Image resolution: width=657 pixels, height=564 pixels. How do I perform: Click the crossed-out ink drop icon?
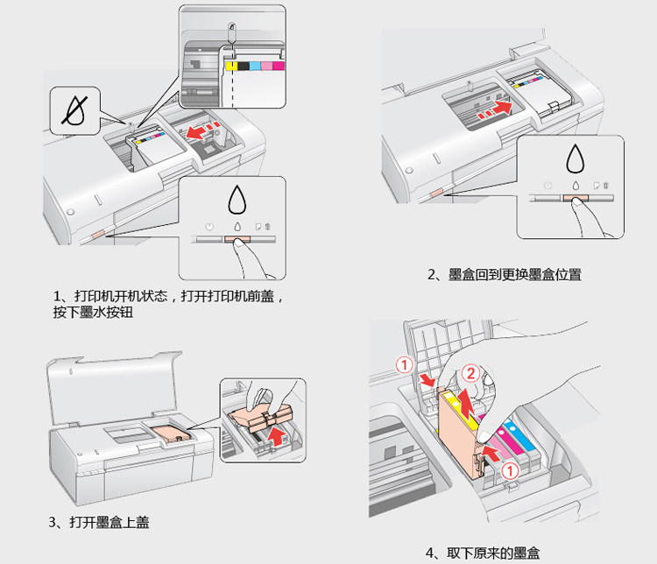74,109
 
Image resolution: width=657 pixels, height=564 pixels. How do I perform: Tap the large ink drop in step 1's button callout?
237,201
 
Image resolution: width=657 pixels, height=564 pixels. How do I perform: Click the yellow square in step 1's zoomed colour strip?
230,66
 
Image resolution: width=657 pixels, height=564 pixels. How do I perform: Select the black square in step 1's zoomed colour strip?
243,66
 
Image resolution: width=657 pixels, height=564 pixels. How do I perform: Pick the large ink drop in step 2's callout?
575,158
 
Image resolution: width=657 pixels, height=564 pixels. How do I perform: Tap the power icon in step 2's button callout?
547,186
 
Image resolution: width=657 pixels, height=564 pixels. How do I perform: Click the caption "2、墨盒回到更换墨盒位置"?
504,275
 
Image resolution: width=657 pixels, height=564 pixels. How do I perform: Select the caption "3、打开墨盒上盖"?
99,523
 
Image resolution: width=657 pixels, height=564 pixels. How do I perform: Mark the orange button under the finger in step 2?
575,200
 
